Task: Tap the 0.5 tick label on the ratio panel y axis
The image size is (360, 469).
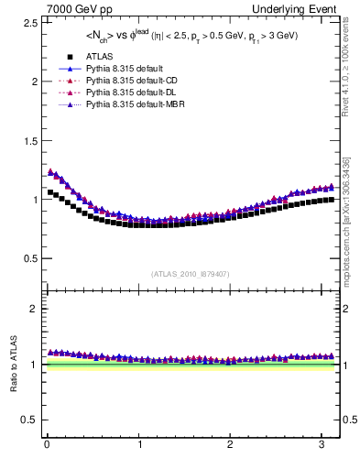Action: (x=27, y=420)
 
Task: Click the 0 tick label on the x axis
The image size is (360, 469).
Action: (x=46, y=446)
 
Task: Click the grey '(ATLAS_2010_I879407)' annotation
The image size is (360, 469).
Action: (x=191, y=274)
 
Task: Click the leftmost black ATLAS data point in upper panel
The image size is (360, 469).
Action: (x=50, y=192)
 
